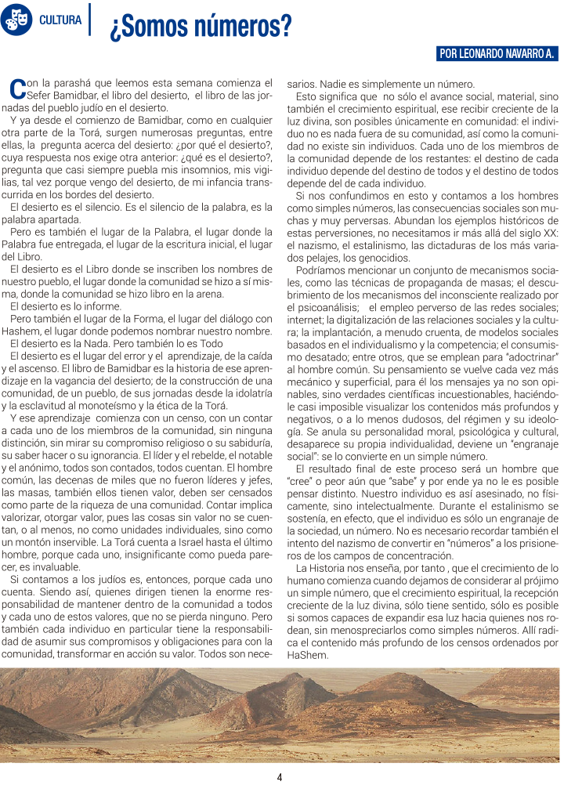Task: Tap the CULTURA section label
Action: pos(60,20)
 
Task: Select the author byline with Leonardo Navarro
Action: pos(497,54)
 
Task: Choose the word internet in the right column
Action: pos(305,320)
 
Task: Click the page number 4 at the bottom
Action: pos(280,776)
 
